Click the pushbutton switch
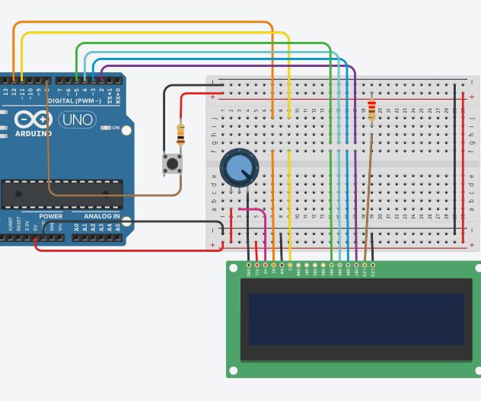coord(173,163)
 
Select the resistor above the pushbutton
coord(180,135)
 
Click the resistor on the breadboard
coord(371,110)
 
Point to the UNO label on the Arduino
coord(77,120)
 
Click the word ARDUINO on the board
coord(34,134)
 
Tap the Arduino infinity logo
coord(33,120)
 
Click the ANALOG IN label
coord(100,217)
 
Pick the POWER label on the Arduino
coord(51,217)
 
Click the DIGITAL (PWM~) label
coord(76,100)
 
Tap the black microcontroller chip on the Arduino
coord(61,194)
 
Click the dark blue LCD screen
coord(356,319)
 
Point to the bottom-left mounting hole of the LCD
coord(233,371)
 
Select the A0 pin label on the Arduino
coord(76,227)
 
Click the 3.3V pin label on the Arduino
coord(28,225)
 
